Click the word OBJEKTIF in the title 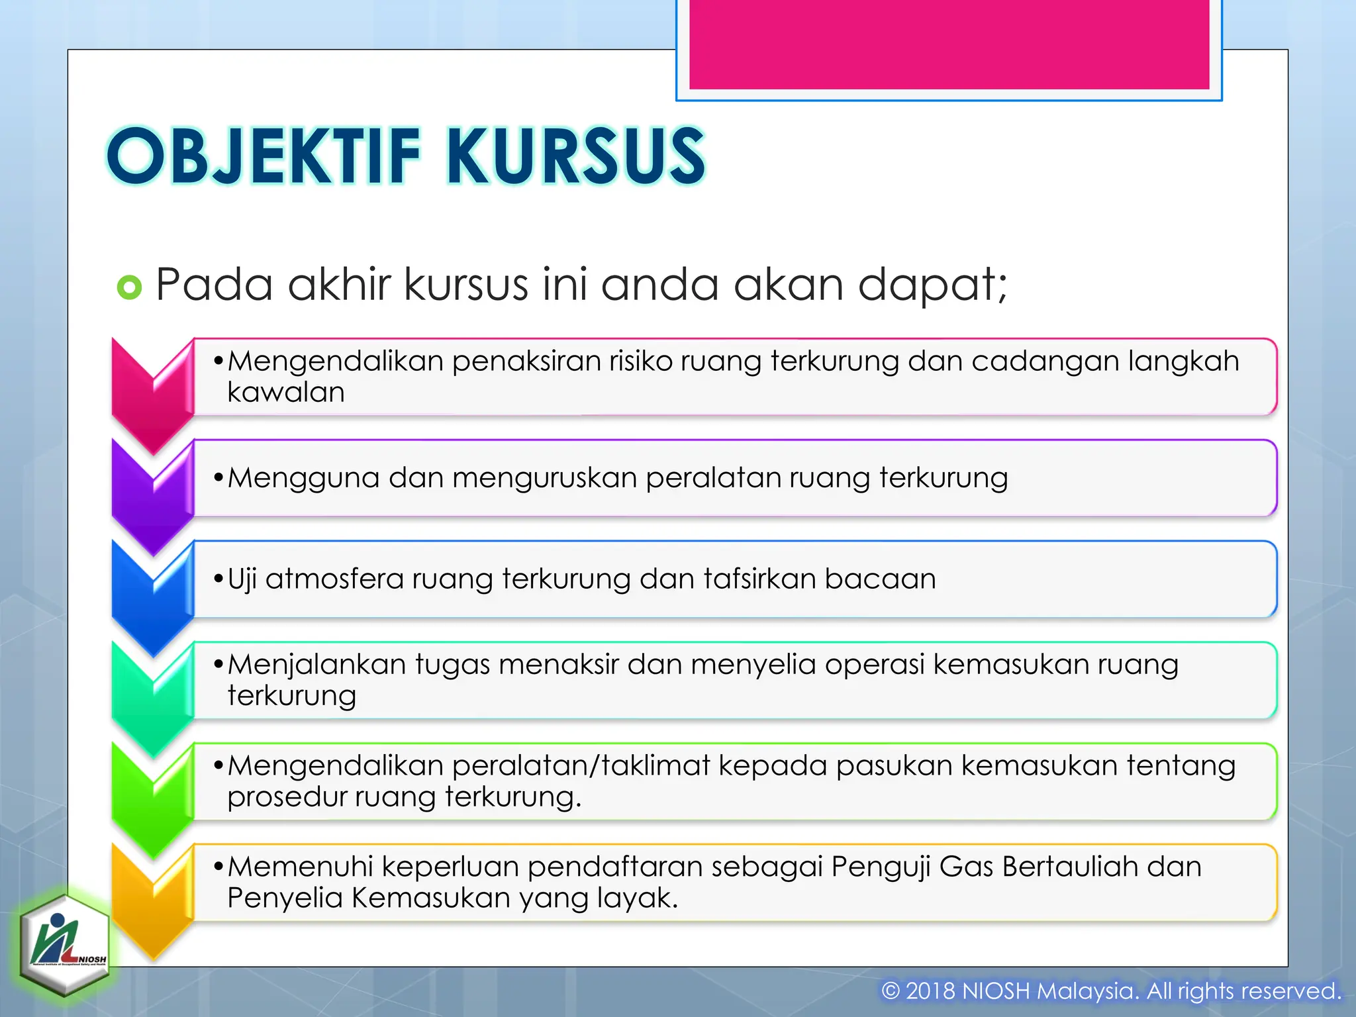pyautogui.click(x=264, y=156)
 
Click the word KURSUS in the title pyautogui.click(x=575, y=156)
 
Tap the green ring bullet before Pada pyautogui.click(x=129, y=287)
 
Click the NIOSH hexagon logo pyautogui.click(x=64, y=945)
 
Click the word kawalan pyautogui.click(x=286, y=393)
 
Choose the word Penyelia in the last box pyautogui.click(x=284, y=898)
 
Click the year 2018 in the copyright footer pyautogui.click(x=930, y=991)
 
